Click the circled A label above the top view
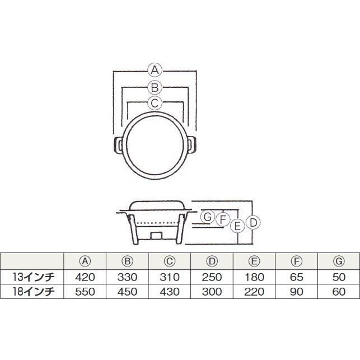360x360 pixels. click(x=155, y=70)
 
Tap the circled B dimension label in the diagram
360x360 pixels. click(x=155, y=87)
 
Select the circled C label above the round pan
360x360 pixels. click(x=155, y=103)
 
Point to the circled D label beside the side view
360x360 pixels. click(x=253, y=222)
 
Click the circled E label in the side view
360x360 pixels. click(x=238, y=226)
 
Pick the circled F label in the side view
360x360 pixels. click(x=223, y=219)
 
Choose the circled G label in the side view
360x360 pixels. click(x=208, y=217)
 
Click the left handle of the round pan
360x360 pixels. click(x=118, y=146)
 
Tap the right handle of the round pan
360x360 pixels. click(x=192, y=146)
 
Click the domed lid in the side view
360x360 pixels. click(x=155, y=205)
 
